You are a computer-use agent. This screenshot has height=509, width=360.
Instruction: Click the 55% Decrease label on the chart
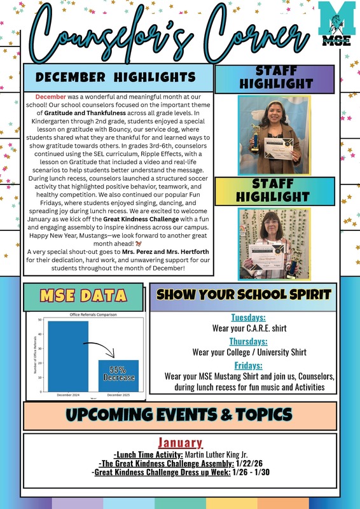coord(118,373)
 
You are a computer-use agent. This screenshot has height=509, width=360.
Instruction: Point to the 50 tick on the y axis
coord(40,320)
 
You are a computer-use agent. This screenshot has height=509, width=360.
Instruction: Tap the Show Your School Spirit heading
coord(244,295)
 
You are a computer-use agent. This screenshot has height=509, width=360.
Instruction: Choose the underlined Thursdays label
coord(249,341)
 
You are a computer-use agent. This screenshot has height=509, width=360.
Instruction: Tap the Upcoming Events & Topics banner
coord(179,414)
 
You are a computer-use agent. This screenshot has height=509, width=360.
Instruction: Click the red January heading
coord(180,443)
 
